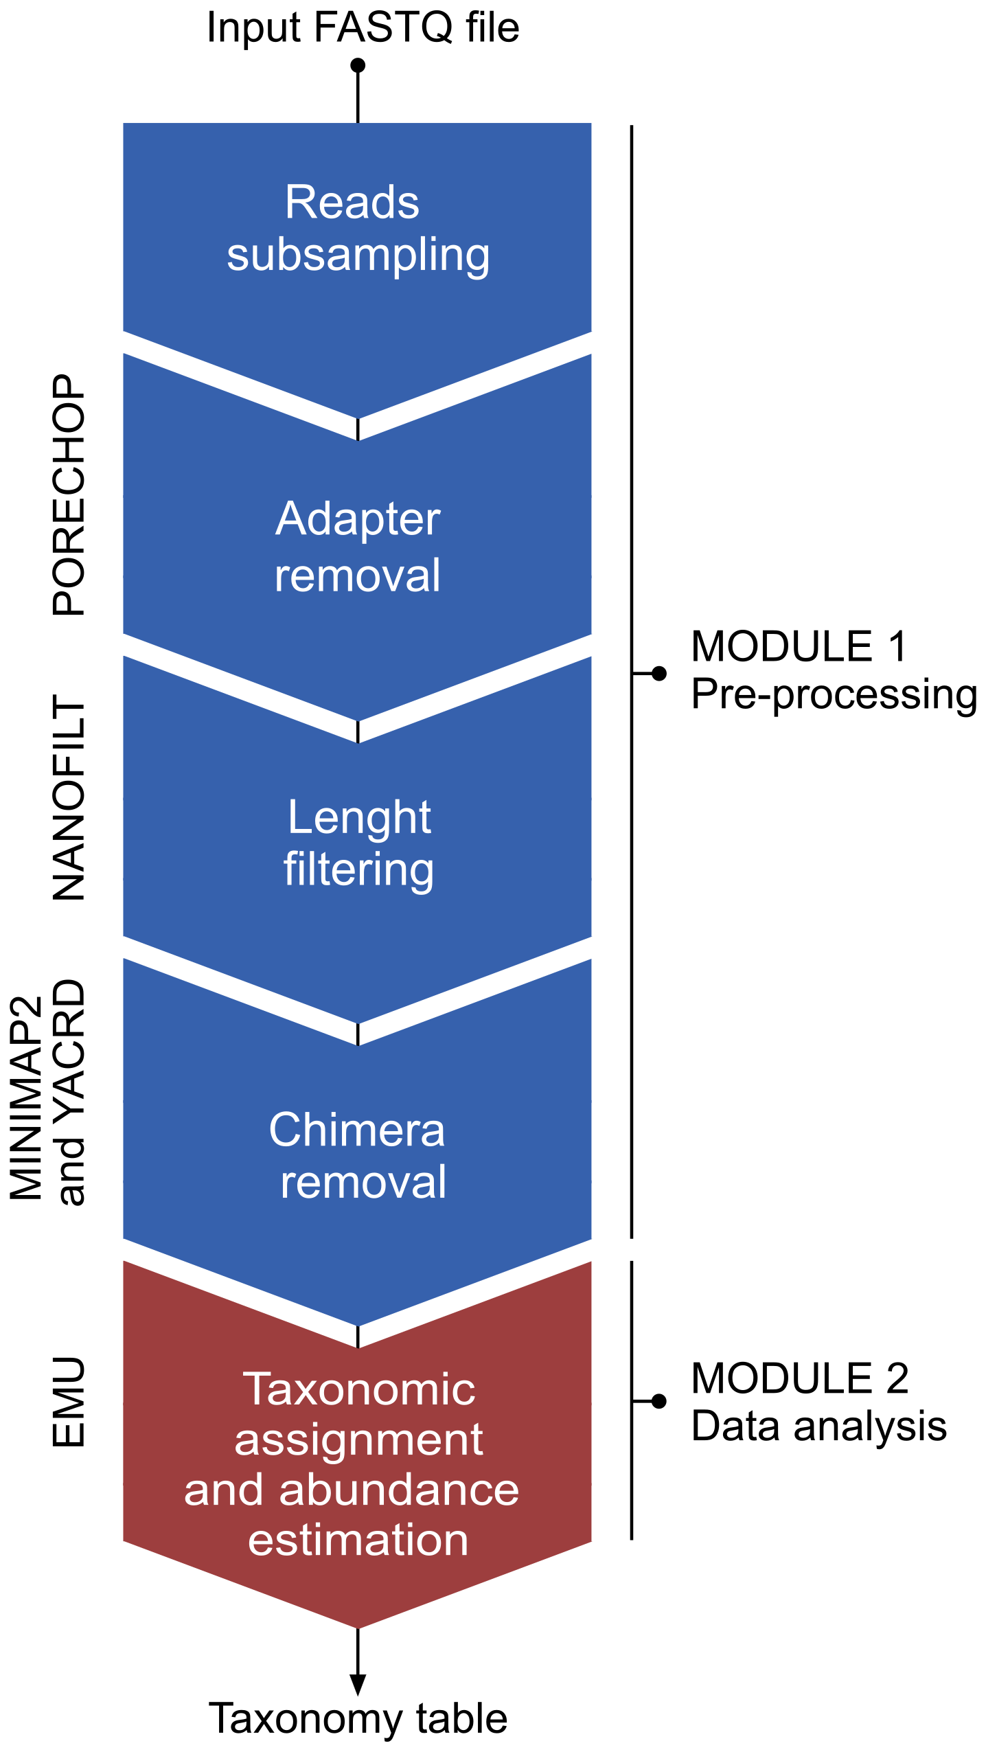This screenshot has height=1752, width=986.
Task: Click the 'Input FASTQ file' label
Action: pyautogui.click(x=363, y=27)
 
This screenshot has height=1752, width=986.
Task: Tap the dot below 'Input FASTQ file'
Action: pyautogui.click(x=358, y=66)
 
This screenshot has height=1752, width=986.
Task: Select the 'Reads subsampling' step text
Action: pyautogui.click(x=358, y=228)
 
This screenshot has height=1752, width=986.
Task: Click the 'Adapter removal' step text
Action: pyautogui.click(x=358, y=546)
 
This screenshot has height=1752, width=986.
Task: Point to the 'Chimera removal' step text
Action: pyautogui.click(x=358, y=1156)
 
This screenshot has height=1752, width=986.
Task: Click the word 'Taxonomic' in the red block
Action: pyautogui.click(x=358, y=1389)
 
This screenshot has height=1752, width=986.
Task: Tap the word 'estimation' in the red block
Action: pyautogui.click(x=358, y=1539)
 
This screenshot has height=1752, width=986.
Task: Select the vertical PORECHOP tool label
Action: pyautogui.click(x=69, y=494)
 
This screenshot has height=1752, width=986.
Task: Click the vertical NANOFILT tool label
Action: pyautogui.click(x=69, y=797)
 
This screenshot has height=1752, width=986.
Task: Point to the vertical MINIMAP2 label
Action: pyautogui.click(x=26, y=1098)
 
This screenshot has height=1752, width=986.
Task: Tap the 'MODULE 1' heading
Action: pyautogui.click(x=799, y=646)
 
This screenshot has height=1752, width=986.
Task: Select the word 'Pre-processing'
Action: pyautogui.click(x=834, y=694)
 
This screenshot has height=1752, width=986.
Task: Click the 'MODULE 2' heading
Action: pyautogui.click(x=800, y=1378)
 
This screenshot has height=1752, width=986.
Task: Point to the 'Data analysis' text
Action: pyautogui.click(x=818, y=1426)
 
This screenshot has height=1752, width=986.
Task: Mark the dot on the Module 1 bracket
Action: pyautogui.click(x=659, y=673)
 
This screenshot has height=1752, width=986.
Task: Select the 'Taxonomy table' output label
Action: pyautogui.click(x=358, y=1719)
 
